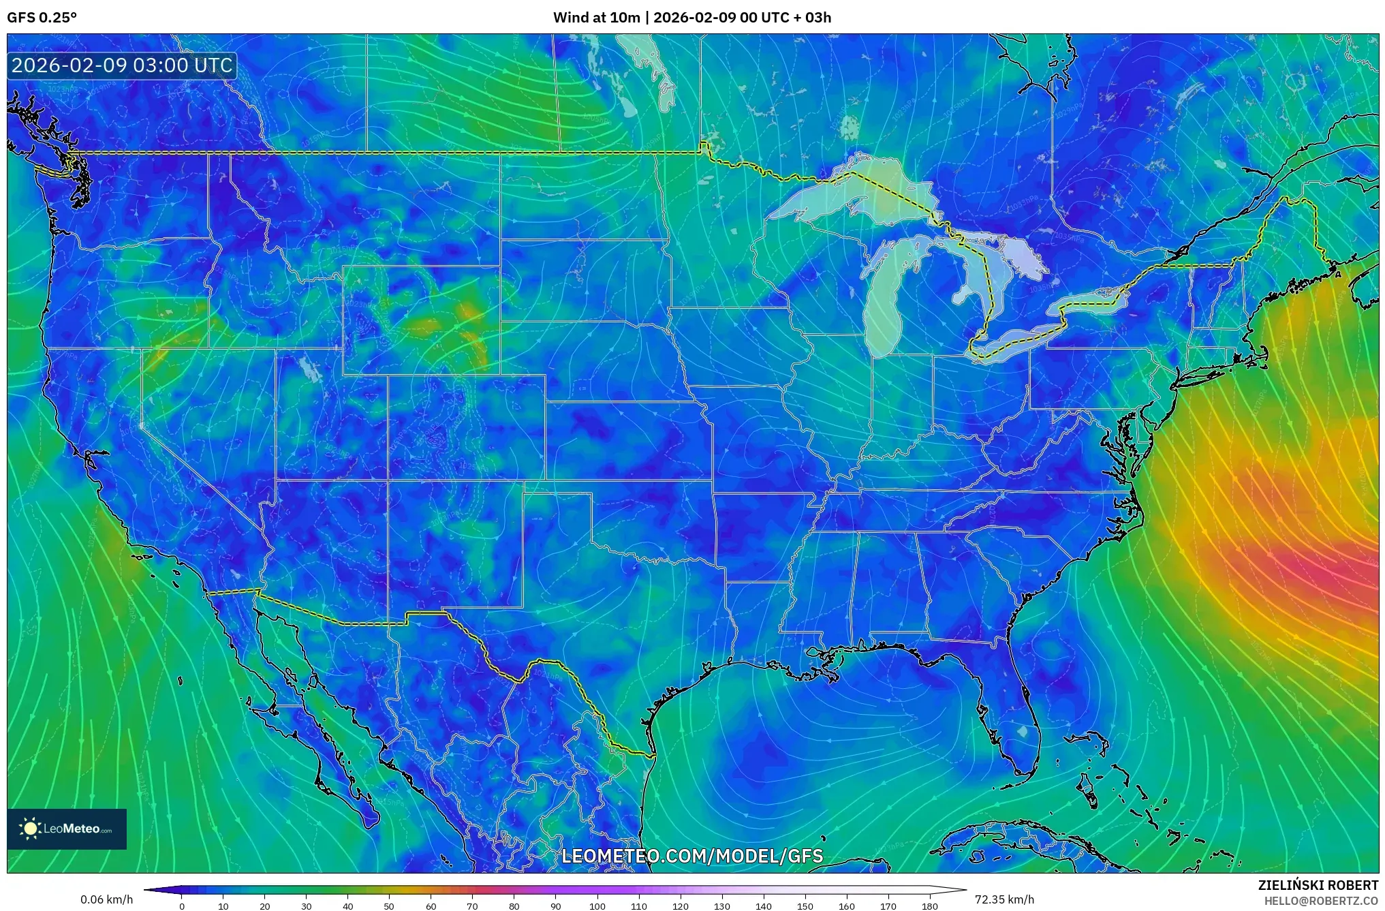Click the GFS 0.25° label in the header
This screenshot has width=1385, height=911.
point(42,18)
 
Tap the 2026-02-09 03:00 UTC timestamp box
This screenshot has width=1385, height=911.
point(123,65)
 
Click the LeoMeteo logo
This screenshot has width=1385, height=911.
point(67,829)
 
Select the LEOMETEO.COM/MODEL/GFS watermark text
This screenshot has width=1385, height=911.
point(692,856)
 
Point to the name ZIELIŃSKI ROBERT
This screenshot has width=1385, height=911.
point(1318,885)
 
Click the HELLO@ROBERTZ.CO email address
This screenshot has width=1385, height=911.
point(1321,900)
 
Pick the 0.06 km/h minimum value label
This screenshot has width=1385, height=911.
point(106,899)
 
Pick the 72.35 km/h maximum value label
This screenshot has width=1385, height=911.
point(1004,899)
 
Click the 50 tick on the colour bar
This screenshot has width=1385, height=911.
point(389,906)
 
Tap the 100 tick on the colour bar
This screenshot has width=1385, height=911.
point(597,906)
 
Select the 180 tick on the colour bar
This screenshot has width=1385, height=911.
point(929,906)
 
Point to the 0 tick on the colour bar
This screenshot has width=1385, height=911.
point(181,906)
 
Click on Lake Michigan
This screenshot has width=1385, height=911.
point(884,313)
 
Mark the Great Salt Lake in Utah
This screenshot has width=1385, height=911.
point(311,370)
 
